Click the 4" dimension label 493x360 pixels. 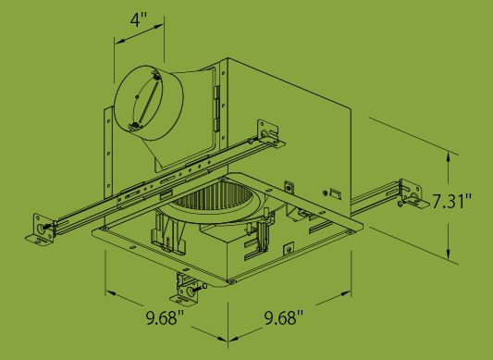(139, 20)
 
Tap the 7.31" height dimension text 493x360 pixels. (451, 201)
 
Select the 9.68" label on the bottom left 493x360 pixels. (165, 317)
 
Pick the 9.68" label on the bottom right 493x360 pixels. (284, 317)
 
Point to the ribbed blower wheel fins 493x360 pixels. (213, 196)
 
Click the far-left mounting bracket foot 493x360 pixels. (39, 229)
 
